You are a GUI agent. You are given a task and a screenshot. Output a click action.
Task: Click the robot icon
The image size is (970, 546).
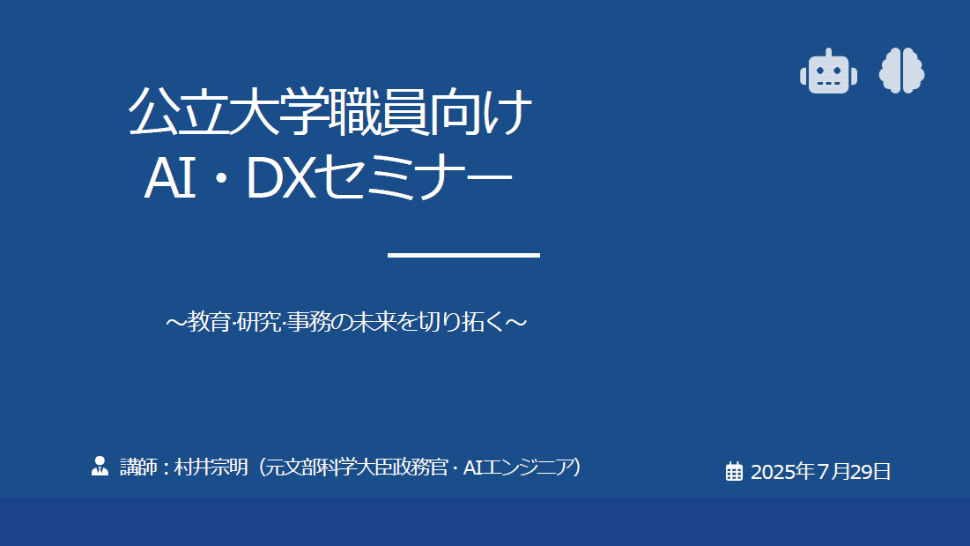click(828, 71)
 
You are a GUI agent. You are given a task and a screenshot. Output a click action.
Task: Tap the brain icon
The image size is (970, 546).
click(901, 71)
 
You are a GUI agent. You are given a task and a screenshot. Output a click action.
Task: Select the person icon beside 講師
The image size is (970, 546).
click(100, 466)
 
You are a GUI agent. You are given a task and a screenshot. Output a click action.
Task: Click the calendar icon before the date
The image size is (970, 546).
click(734, 471)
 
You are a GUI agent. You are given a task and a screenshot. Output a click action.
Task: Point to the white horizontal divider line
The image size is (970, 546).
click(464, 255)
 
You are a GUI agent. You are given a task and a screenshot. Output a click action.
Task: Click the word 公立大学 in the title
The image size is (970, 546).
click(228, 111)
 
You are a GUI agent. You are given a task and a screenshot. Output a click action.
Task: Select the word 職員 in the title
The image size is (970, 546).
click(380, 111)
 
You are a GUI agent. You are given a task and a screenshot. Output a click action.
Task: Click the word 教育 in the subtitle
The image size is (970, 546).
click(210, 322)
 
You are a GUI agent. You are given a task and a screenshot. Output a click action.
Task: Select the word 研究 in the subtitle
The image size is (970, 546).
click(259, 322)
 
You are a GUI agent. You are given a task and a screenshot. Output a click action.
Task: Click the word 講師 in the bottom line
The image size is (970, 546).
click(138, 467)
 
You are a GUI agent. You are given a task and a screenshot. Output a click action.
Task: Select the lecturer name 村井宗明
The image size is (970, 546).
click(211, 467)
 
